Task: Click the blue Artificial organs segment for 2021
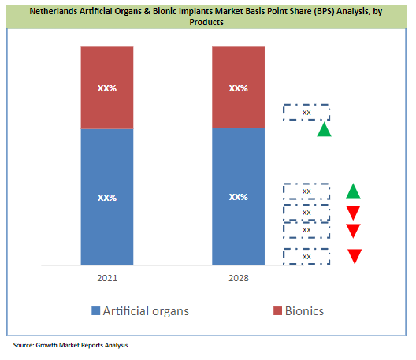(x=107, y=197)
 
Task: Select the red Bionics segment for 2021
(x=107, y=87)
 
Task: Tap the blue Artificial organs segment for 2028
(x=239, y=197)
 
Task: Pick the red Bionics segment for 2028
(x=239, y=87)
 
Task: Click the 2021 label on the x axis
(x=107, y=279)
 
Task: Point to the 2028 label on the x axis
(x=239, y=279)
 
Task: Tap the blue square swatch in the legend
(x=95, y=311)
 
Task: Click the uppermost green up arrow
(x=324, y=129)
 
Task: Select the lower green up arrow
(x=354, y=191)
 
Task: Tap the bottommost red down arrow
(x=355, y=256)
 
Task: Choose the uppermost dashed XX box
(x=306, y=113)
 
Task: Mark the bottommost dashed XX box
(x=306, y=256)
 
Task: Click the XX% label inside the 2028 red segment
(x=239, y=88)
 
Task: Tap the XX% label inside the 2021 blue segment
(x=107, y=197)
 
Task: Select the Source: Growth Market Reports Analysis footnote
(x=70, y=346)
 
